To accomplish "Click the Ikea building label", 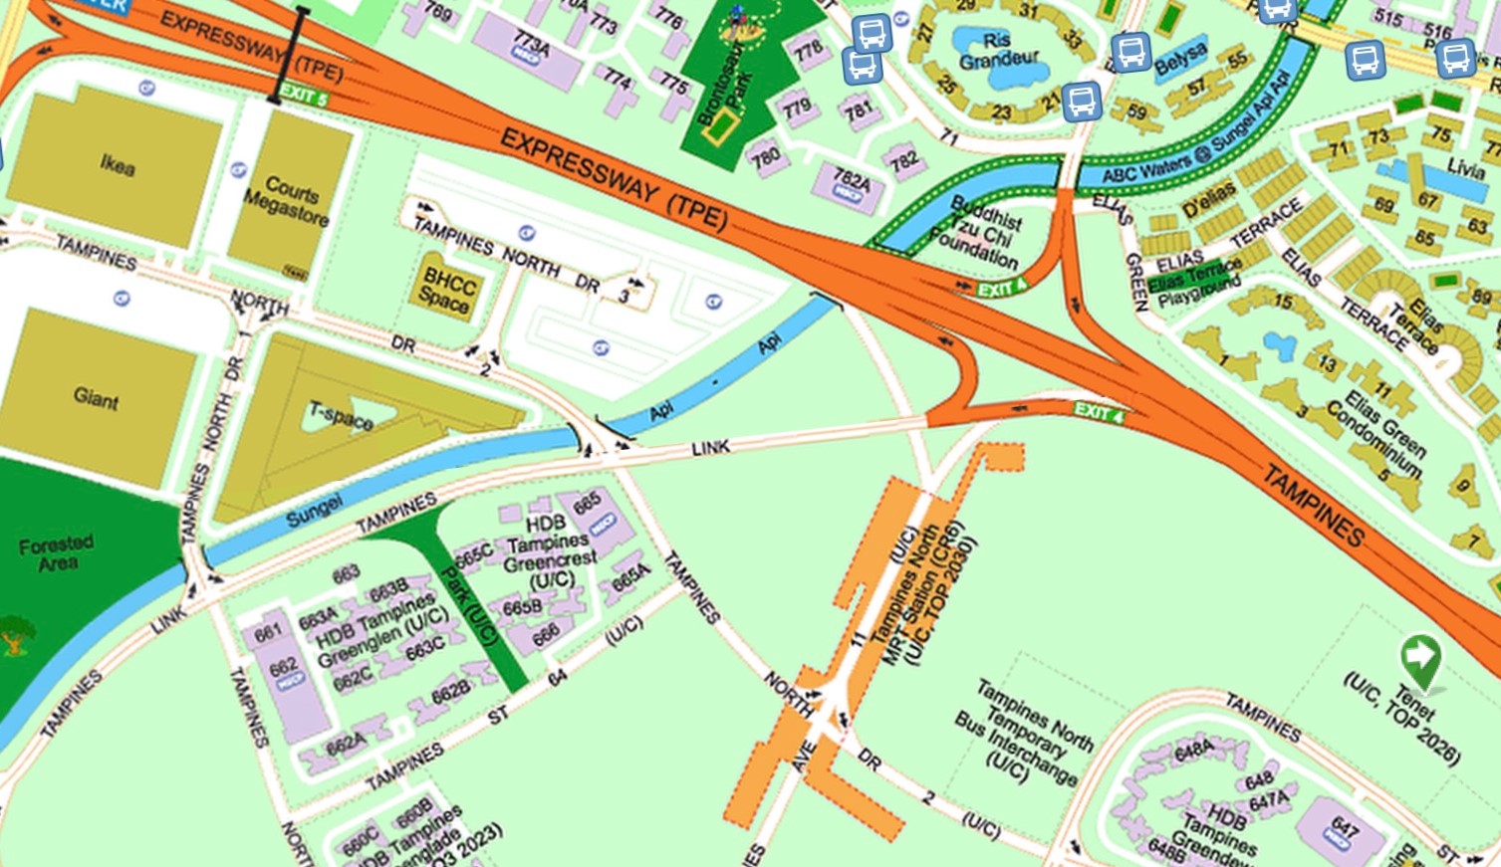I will [117, 165].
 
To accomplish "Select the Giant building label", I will [96, 398].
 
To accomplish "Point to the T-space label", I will [342, 415].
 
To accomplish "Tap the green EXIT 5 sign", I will [303, 96].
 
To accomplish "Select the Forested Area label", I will [57, 552].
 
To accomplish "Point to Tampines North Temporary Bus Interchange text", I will [1026, 732].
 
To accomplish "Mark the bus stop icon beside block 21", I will [1081, 101].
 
